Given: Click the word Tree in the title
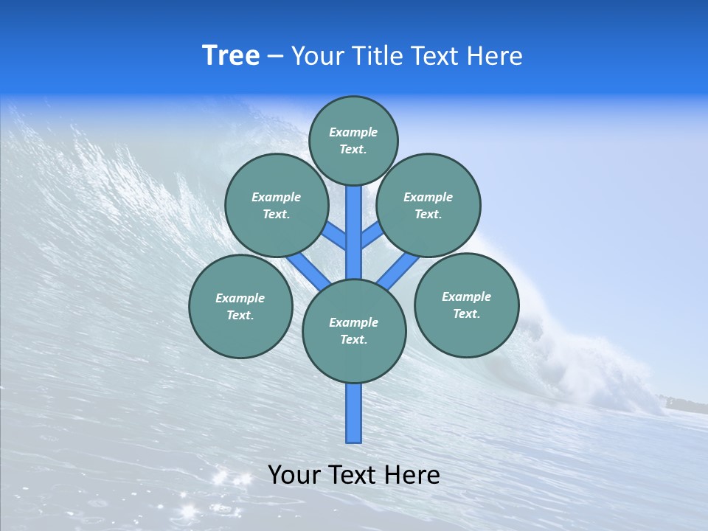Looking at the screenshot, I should tap(230, 56).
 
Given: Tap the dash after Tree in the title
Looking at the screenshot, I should tap(275, 57).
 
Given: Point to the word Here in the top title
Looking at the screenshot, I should tap(496, 56).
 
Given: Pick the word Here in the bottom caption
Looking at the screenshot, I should tap(414, 475).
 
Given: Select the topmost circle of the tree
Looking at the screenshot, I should tap(353, 140).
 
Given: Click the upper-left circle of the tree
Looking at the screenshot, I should tap(276, 205).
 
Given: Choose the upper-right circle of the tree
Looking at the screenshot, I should tap(428, 205).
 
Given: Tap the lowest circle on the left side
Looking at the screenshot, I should tap(240, 306).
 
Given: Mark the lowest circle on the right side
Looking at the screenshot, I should tap(466, 305).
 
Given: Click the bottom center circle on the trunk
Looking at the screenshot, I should tap(354, 331).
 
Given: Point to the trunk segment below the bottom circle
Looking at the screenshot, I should tap(354, 413).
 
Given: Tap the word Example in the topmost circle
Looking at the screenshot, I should tap(353, 132).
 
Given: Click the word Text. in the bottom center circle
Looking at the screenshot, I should tap(353, 340).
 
